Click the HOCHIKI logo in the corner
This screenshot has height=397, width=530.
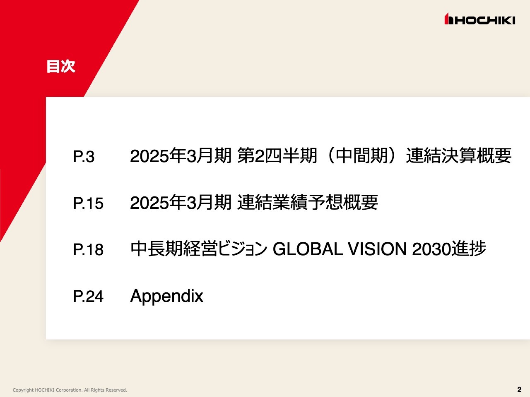480,19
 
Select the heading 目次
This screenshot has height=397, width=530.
61,66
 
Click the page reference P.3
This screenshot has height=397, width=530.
84,157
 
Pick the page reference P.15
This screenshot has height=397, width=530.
88,203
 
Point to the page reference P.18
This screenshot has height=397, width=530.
88,250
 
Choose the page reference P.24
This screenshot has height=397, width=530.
88,297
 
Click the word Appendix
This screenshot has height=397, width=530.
166,296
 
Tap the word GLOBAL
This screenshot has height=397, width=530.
308,249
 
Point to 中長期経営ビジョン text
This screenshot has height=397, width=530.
199,249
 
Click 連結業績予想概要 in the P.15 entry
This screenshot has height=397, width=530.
307,203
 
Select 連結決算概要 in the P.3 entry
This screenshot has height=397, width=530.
459,156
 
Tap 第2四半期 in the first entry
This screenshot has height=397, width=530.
277,156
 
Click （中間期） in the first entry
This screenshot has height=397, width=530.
361,156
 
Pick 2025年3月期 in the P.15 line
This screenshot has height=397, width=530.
181,203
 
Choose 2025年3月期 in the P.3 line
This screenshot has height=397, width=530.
181,156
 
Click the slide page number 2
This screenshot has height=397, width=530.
519,389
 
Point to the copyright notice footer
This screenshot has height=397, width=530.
70,390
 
